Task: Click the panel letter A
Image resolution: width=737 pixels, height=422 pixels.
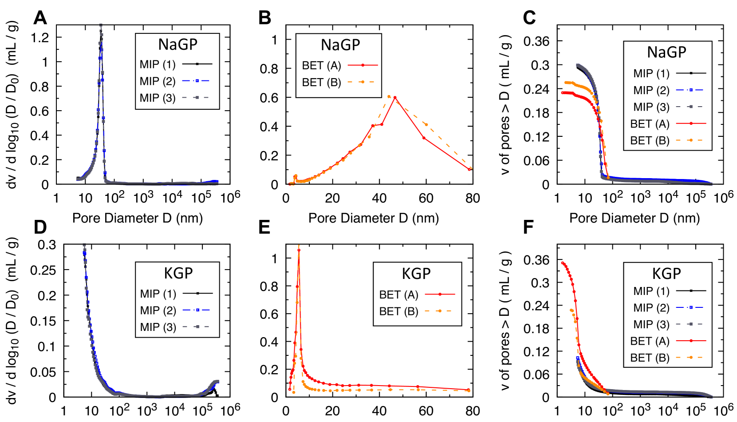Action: click(40, 18)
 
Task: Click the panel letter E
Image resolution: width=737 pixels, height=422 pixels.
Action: click(264, 227)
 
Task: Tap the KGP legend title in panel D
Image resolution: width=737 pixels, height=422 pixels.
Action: click(178, 273)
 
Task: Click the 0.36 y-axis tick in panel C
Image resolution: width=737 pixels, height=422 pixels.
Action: click(536, 41)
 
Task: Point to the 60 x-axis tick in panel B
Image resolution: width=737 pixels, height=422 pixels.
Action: click(426, 198)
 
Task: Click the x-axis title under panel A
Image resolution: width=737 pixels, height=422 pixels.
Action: click(138, 218)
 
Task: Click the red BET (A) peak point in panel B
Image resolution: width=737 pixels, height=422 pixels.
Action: click(395, 98)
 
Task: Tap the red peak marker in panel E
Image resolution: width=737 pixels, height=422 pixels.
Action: click(299, 250)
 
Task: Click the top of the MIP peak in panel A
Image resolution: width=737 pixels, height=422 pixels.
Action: click(101, 26)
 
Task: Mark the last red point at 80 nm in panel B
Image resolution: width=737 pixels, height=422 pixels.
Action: click(469, 169)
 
